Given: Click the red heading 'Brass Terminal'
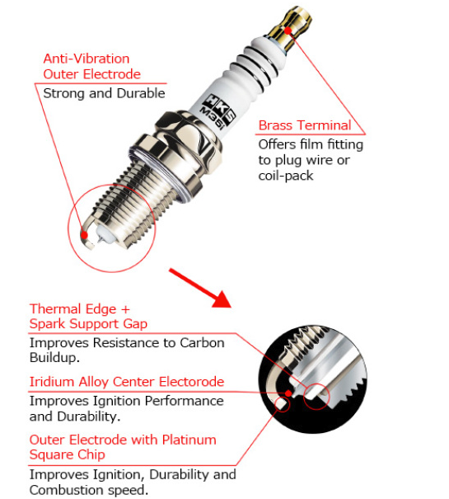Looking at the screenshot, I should (x=304, y=125).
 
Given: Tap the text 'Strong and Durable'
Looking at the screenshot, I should (x=104, y=93).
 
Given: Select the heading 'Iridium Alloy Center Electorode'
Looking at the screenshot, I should (x=126, y=382).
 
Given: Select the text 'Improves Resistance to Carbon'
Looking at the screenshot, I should (x=126, y=342).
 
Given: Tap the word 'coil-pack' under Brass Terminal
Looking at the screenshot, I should (x=285, y=176).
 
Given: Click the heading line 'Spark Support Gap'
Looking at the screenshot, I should (x=88, y=324).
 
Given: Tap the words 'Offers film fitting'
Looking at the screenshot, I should (x=310, y=144).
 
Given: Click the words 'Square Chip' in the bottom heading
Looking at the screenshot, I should (x=67, y=454).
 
